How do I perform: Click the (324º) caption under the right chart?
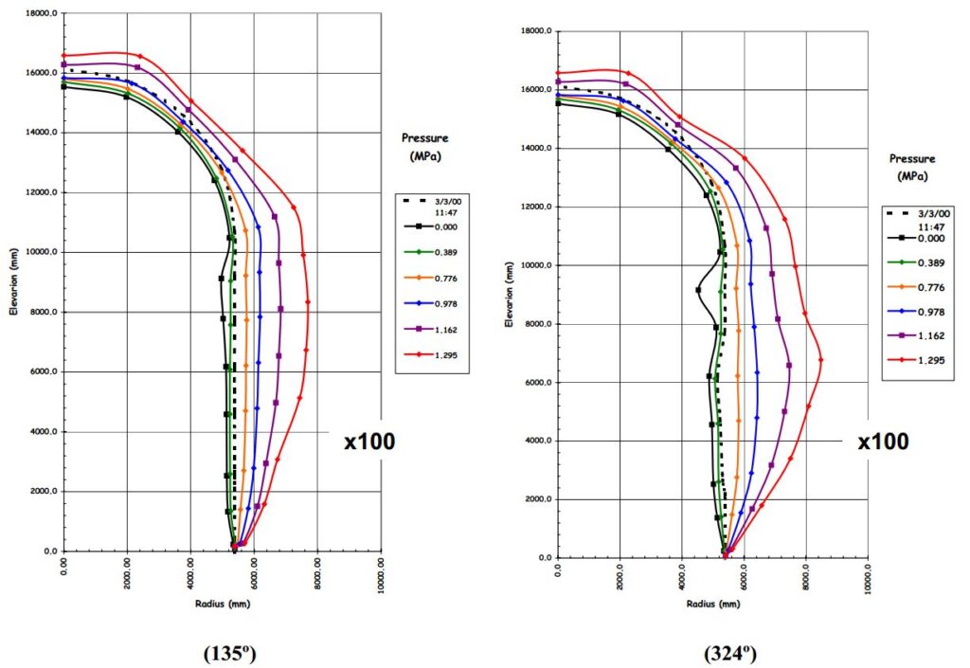pyautogui.click(x=729, y=653)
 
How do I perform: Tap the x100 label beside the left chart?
pyautogui.click(x=369, y=441)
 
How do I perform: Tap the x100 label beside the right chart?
pyautogui.click(x=883, y=442)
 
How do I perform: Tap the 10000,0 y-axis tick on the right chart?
pyautogui.click(x=535, y=265)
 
